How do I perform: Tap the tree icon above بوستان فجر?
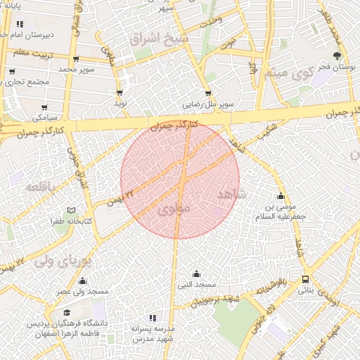[338, 56]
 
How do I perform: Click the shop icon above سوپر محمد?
[76, 60]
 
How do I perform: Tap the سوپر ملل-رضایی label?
[209, 103]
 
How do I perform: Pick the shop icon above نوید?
[120, 92]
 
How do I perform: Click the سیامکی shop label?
[44, 117]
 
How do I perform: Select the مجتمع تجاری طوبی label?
[27, 82]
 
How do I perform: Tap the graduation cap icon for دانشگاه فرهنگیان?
[67, 313]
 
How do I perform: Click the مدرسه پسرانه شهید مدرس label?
[153, 333]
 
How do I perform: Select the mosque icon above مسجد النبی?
[196, 274]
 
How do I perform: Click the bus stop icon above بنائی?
[305, 279]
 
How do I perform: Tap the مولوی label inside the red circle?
[174, 210]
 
